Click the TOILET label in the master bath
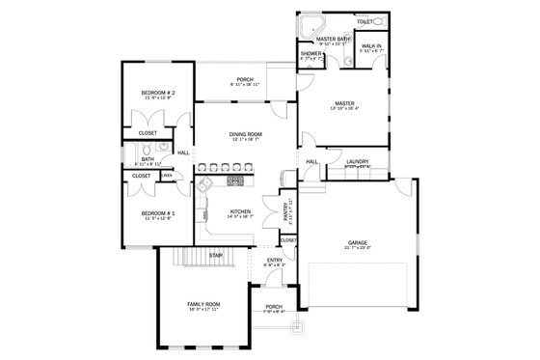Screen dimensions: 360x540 click(364, 20)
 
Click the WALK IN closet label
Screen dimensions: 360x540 click(370, 46)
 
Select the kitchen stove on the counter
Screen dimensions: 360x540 click(235, 180)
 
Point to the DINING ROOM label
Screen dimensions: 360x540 click(246, 134)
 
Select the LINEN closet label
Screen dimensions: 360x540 click(167, 176)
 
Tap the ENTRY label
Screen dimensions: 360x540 click(275, 260)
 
